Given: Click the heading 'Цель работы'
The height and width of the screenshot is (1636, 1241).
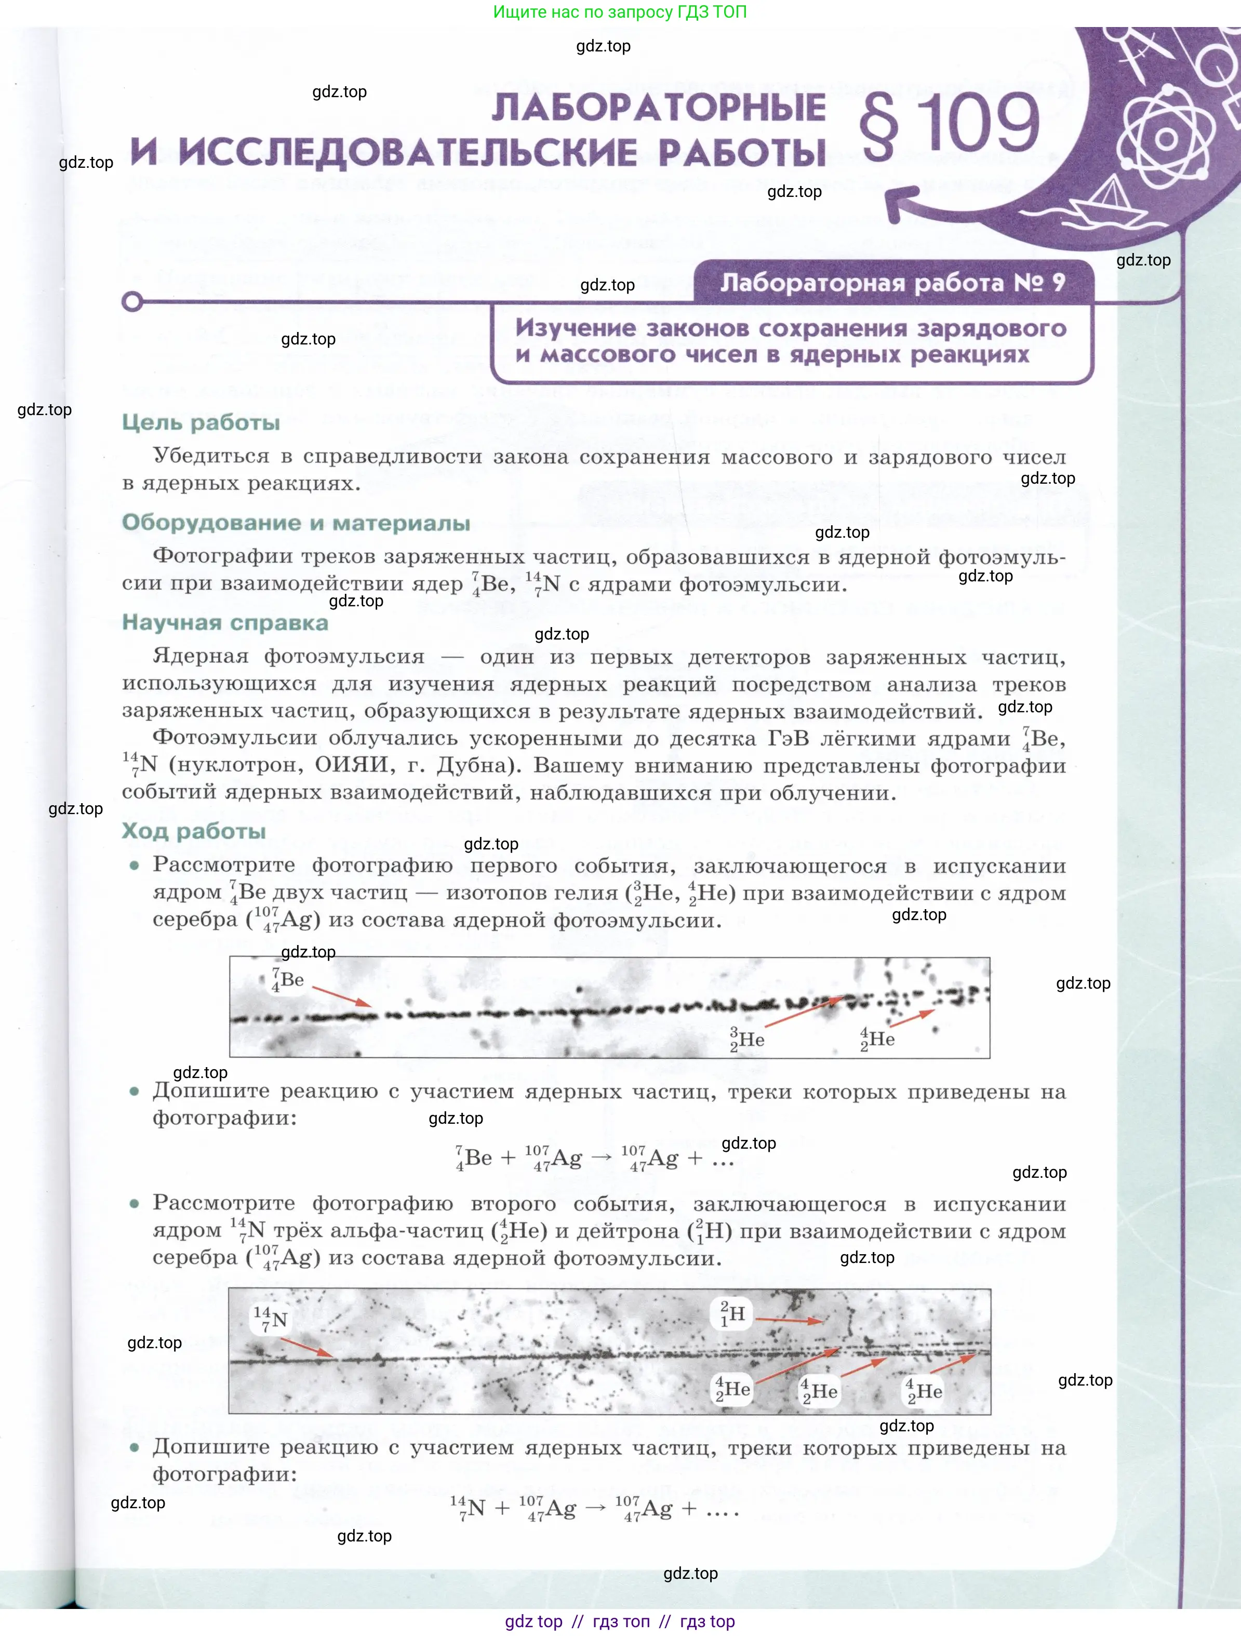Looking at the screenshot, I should click(201, 422).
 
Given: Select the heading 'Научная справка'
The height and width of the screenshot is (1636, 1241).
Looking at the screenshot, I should click(225, 623).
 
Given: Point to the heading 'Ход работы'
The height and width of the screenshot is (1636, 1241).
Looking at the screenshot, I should click(194, 831).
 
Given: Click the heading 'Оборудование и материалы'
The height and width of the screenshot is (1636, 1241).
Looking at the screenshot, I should click(296, 523).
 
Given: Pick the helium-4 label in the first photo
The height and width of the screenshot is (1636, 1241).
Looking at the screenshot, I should click(878, 1039).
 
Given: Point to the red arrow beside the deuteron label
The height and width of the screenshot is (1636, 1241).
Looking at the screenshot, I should click(789, 1320).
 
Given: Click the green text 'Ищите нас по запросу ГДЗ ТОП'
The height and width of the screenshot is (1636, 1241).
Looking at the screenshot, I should click(620, 12).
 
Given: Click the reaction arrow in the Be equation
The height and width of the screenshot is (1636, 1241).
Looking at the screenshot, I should click(602, 1158).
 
